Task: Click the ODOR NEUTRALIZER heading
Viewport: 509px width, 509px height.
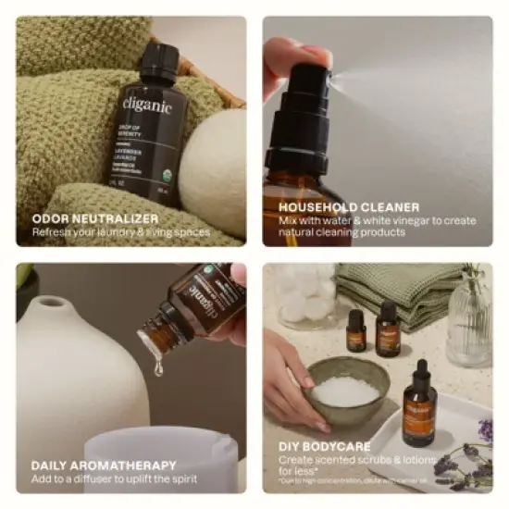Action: [x=95, y=218]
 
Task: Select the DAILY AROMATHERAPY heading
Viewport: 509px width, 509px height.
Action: [x=103, y=466]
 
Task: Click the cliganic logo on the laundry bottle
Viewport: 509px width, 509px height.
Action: [x=146, y=106]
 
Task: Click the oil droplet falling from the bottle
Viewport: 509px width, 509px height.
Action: [x=158, y=367]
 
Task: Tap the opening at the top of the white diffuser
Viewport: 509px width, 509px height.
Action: [x=51, y=304]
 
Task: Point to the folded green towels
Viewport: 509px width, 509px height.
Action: [x=398, y=292]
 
